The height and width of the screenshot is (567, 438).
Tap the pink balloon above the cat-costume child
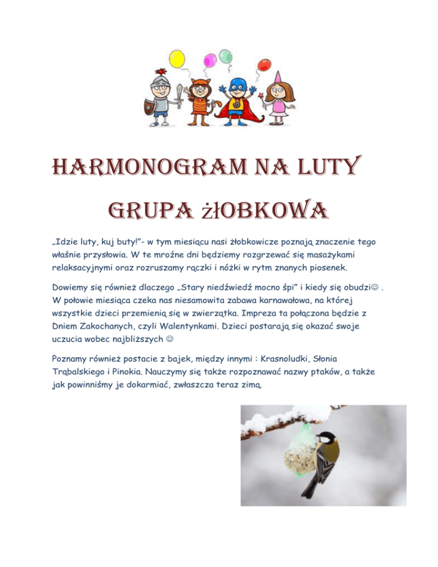210,58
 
